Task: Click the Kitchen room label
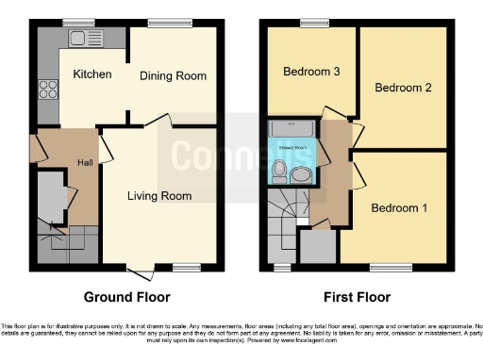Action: coord(92,74)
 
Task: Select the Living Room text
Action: coord(160,196)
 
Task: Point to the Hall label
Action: coord(86,162)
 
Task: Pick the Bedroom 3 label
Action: coord(309,71)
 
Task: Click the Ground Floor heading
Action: coord(127,297)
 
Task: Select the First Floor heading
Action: coord(357,297)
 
